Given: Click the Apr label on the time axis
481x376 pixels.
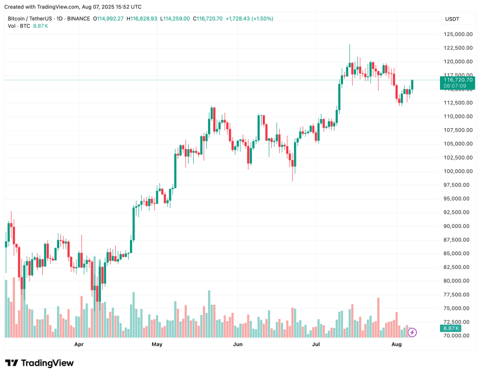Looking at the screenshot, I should pos(79,345).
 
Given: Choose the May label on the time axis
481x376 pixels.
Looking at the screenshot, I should pos(157,345).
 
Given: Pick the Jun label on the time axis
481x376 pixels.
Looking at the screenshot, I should pos(238,345).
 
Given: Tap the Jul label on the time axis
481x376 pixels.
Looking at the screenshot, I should pos(316,345).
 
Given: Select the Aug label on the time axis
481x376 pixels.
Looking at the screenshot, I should pos(397,345).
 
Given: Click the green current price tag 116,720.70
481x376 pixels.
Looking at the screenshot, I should pos(458,80).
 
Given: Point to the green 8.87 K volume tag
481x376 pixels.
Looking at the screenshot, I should pos(450,329).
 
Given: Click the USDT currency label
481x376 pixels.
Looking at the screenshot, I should pos(452,19).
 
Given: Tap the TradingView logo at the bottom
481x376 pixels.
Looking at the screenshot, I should pos(39,363).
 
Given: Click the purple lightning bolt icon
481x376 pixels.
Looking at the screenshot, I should pos(413,332).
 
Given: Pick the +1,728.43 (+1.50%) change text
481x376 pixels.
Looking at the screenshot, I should pos(249,19).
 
